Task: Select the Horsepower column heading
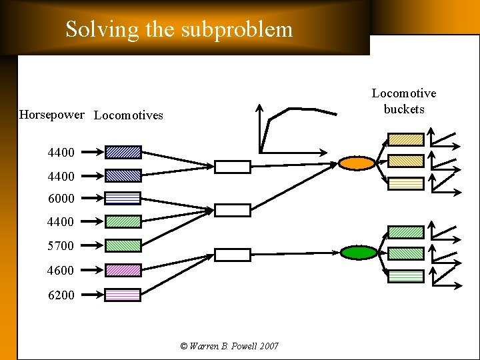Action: click(x=52, y=115)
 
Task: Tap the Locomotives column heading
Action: click(x=129, y=115)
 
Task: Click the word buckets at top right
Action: click(x=404, y=109)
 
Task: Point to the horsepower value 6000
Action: click(x=61, y=199)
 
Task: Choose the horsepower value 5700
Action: click(x=61, y=246)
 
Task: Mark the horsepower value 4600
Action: click(x=61, y=271)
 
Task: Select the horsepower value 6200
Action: click(x=61, y=295)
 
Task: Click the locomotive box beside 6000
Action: click(x=123, y=198)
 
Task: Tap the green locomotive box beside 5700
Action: click(x=123, y=245)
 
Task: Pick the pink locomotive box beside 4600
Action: click(x=123, y=270)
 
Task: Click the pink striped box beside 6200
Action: click(x=123, y=295)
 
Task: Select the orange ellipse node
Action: click(x=357, y=163)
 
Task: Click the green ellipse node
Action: click(x=359, y=252)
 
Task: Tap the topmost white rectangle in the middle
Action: click(x=232, y=167)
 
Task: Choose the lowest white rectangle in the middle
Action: click(x=232, y=255)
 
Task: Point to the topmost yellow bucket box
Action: click(x=406, y=139)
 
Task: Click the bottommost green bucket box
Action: click(x=406, y=276)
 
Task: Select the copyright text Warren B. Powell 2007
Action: click(x=229, y=346)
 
